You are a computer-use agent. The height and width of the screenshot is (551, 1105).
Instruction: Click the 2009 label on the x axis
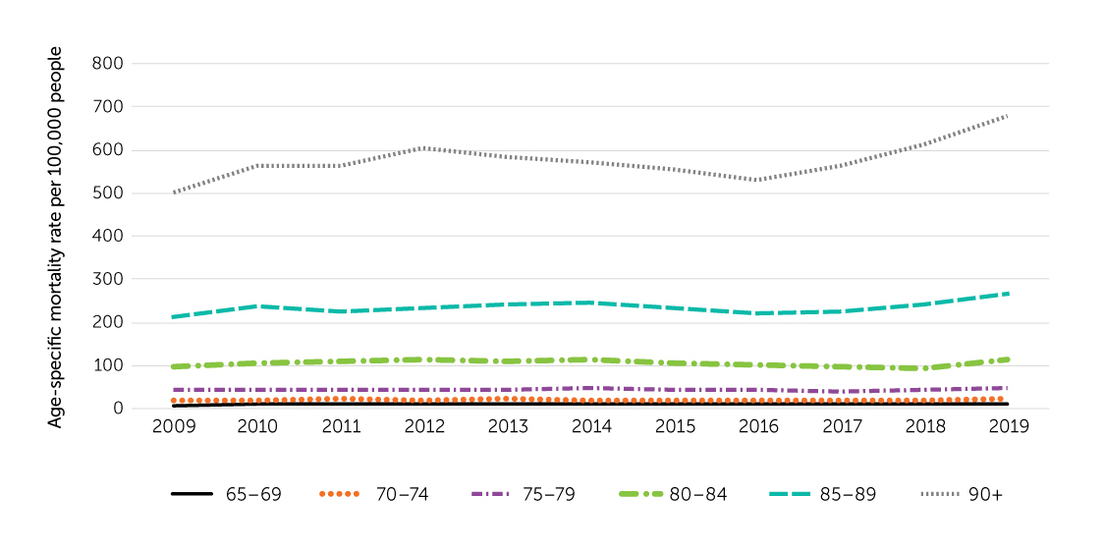173,427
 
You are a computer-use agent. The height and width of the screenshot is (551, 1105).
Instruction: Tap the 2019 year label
1008,427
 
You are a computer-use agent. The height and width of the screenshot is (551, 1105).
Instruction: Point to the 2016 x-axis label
757,427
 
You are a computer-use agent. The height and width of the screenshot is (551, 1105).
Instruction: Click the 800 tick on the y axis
108,64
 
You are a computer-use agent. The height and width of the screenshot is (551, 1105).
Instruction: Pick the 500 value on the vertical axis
108,193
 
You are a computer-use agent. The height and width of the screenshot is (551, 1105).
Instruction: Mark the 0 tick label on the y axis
117,409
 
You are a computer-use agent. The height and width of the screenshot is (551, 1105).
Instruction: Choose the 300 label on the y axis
108,279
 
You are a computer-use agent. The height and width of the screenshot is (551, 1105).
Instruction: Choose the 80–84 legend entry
697,494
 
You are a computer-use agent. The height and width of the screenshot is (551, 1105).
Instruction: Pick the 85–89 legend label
847,494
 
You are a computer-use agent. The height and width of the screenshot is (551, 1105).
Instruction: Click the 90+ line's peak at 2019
1008,116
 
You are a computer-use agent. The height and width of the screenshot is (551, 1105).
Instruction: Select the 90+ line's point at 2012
423,148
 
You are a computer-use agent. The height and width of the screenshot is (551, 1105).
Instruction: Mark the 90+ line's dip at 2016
757,180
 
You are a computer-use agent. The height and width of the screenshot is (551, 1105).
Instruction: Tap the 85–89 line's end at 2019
1008,294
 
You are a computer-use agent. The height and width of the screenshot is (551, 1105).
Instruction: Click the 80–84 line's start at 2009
174,366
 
